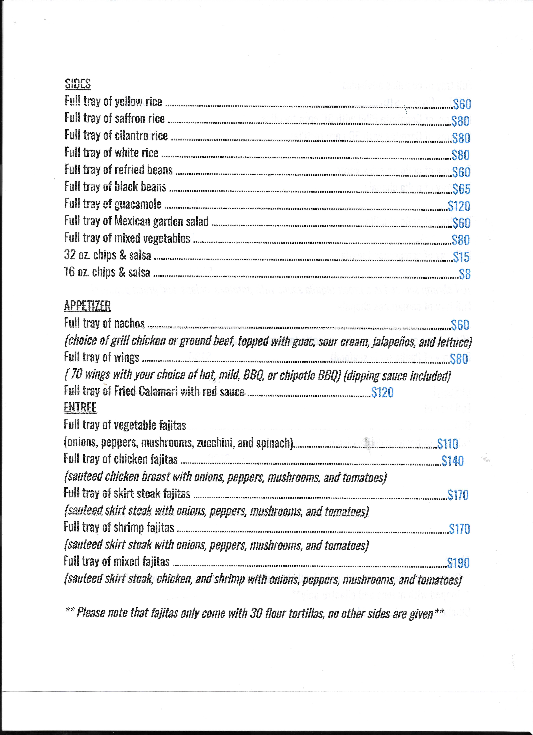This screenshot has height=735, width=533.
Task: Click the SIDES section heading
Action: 78,84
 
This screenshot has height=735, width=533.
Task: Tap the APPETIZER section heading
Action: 87,306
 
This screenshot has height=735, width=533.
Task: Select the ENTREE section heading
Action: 80,407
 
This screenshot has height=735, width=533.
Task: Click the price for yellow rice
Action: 462,104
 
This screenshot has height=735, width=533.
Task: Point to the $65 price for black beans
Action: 461,189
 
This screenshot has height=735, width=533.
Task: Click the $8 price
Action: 465,274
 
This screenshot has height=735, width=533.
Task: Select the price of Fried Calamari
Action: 382,392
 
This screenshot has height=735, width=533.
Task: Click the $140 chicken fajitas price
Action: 452,461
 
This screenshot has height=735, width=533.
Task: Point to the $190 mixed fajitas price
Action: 458,563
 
